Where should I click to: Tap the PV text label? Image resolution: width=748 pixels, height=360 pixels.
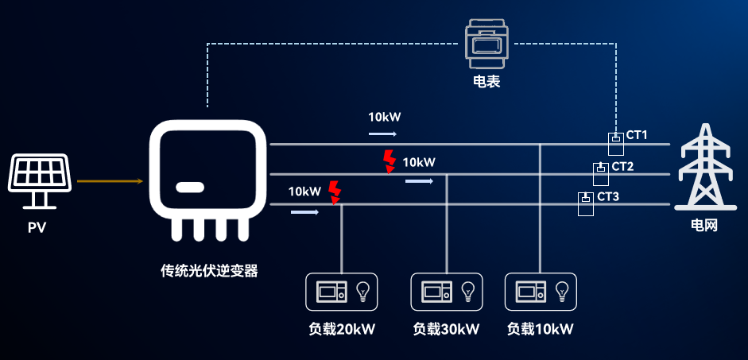pos(37,228)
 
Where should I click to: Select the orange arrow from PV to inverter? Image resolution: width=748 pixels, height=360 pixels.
pos(110,181)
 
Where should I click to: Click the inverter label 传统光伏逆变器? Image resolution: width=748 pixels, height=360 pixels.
pos(209,271)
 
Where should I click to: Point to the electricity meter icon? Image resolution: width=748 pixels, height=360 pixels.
pos(486,44)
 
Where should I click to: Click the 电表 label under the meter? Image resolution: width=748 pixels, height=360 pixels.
pos(486,82)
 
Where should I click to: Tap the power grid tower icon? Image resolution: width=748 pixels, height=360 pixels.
pos(706,167)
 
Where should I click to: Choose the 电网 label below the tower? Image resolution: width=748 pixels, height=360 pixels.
pos(704,225)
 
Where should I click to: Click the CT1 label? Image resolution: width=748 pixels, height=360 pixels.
pos(637,135)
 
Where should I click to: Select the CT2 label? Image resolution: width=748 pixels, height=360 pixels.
pos(622,166)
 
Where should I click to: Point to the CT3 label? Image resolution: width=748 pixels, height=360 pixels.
pos(608,196)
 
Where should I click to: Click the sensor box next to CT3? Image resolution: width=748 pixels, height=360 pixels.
pos(586,203)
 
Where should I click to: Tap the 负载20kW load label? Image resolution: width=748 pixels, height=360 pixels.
pos(342,329)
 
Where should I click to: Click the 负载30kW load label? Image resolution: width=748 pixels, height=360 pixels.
pos(446,329)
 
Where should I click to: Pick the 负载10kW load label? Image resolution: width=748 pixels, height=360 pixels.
pos(540,329)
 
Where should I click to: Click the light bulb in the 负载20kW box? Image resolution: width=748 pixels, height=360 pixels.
pos(363,292)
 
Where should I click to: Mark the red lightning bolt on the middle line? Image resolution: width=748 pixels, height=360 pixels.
pos(390,161)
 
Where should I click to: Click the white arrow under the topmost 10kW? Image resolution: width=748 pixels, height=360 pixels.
pos(382,134)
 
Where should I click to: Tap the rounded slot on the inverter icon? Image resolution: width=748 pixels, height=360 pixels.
pos(190,188)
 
